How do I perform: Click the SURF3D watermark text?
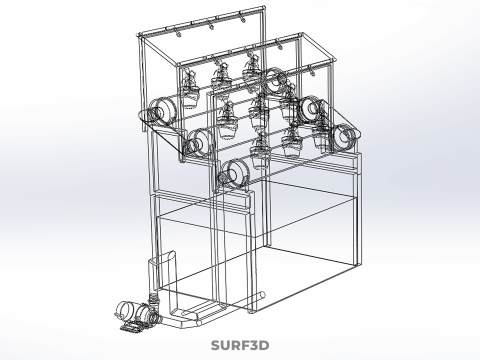click(240, 345)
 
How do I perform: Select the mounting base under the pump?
click(132, 327)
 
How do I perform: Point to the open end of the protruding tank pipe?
click(262, 295)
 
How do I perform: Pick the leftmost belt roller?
click(163, 112)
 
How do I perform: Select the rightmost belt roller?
click(346, 137)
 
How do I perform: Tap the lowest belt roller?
click(236, 173)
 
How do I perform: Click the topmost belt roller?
click(276, 80)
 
